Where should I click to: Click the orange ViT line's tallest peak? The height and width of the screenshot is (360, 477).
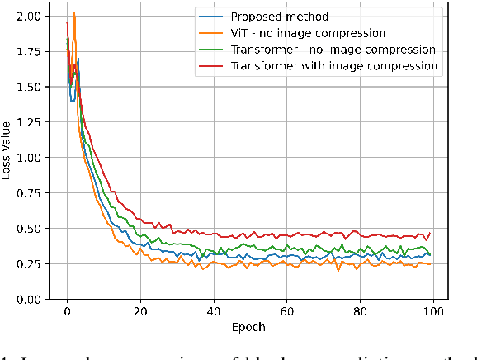(x=74, y=12)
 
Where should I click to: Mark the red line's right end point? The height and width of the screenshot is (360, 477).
(x=430, y=233)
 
